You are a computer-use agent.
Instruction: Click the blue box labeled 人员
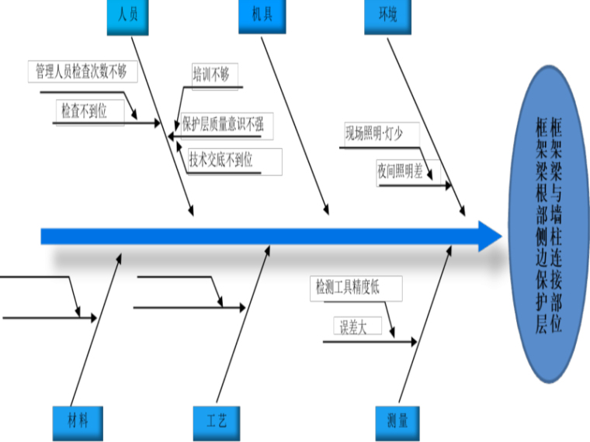point(127,16)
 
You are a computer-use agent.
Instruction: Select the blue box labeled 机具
point(261,16)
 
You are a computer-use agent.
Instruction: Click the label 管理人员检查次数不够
point(82,72)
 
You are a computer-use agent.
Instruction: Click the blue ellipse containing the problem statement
point(548,223)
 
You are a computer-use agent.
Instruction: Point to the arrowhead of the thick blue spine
point(491,236)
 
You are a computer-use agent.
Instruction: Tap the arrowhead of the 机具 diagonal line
point(328,211)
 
